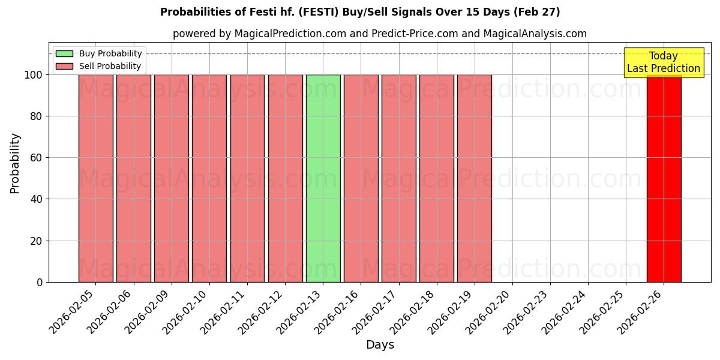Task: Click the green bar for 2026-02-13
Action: (x=323, y=178)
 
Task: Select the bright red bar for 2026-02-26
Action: (x=664, y=178)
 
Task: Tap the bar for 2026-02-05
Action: (x=96, y=178)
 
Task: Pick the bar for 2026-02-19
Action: (x=475, y=178)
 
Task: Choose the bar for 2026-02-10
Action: (x=209, y=178)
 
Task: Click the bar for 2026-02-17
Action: (x=398, y=178)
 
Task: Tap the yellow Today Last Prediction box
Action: (x=664, y=62)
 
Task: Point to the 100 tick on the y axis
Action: (x=34, y=75)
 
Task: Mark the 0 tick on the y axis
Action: (x=40, y=282)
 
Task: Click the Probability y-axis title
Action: (x=15, y=163)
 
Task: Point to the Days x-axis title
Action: (x=380, y=344)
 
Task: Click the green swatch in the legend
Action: (x=64, y=53)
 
